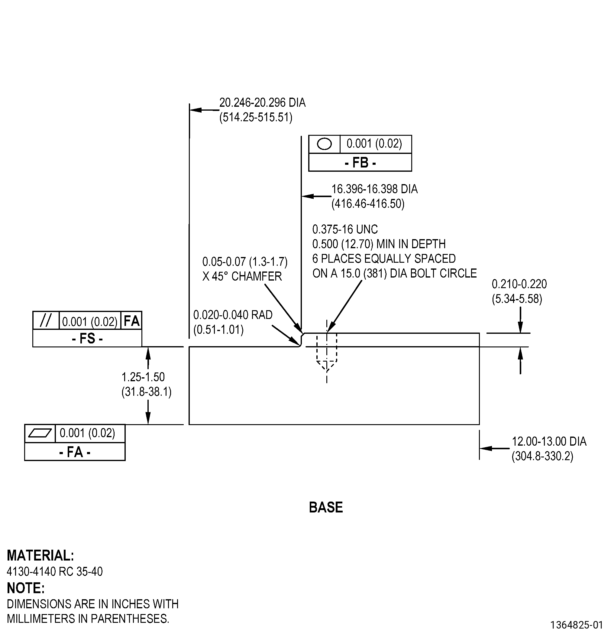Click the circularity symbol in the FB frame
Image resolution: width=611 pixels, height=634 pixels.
[x=324, y=144]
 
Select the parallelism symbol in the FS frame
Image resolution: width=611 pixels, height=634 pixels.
[x=46, y=320]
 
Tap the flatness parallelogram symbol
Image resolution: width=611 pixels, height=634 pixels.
[x=40, y=433]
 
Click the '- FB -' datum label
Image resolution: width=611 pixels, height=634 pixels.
[x=360, y=162]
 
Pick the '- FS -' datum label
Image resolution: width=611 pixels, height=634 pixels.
[x=87, y=339]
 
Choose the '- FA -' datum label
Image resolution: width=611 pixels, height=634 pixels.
[x=75, y=452]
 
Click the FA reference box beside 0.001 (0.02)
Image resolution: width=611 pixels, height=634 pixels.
[x=131, y=320]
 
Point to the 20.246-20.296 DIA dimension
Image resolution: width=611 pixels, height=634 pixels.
[x=262, y=102]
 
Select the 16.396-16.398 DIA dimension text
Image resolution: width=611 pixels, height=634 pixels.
[x=374, y=189]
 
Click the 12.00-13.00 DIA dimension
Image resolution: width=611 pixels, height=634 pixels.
[x=549, y=441]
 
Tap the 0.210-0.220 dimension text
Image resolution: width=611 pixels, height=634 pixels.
[x=519, y=284]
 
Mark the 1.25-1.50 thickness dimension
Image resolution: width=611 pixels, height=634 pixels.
[x=143, y=377]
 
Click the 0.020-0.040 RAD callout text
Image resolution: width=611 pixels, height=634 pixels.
[x=233, y=315]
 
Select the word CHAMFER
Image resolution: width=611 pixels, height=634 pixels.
[x=257, y=276]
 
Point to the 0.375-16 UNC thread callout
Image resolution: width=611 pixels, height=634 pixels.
[x=345, y=229]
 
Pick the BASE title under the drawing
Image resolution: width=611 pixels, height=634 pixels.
[x=326, y=507]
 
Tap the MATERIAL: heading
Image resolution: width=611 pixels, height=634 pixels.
[x=40, y=555]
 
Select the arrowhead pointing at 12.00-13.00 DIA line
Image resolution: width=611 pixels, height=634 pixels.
[x=486, y=448]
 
